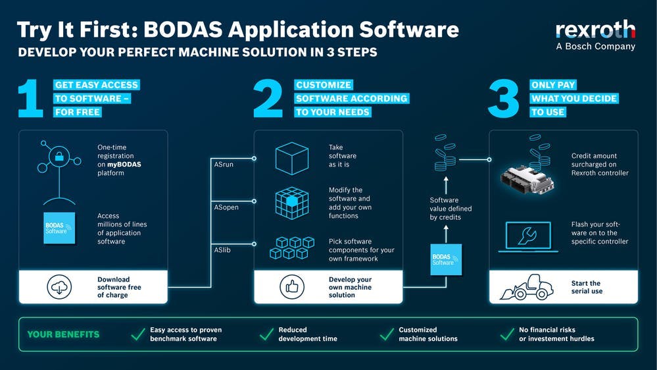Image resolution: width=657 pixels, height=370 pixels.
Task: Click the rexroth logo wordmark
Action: point(595,30)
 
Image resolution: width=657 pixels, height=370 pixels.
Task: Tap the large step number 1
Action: point(31,99)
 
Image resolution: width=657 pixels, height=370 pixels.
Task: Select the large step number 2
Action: point(268,98)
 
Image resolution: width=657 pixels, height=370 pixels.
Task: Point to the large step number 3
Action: point(504,99)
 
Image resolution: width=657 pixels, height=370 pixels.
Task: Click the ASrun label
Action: point(224,165)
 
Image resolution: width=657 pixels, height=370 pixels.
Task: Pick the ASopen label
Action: point(226,207)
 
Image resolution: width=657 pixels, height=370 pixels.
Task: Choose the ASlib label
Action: point(222,250)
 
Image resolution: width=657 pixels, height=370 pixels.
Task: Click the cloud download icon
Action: point(59,287)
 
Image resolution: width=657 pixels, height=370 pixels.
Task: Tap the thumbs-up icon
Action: point(292,287)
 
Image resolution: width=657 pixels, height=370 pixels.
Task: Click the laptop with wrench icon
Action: point(528,237)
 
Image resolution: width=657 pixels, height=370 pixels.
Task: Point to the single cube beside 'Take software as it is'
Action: point(292,159)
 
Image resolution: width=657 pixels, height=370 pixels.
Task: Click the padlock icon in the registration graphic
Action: point(59,157)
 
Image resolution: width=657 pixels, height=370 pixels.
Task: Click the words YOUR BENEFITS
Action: point(63,334)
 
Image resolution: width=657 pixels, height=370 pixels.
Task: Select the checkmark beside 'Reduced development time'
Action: point(266,334)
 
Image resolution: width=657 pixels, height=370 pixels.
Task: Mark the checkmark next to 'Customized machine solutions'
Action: point(387,334)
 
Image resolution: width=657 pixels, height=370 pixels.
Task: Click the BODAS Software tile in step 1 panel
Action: point(59,228)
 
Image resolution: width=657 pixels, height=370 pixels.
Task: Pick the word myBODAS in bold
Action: point(124,165)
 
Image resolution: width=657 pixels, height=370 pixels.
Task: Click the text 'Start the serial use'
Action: point(587,287)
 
